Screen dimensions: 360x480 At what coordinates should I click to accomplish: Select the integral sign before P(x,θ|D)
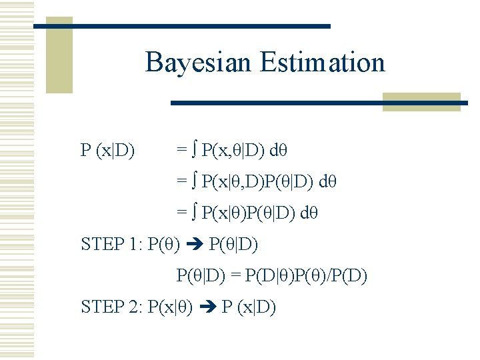193,151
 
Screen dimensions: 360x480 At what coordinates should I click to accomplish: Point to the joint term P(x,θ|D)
233,151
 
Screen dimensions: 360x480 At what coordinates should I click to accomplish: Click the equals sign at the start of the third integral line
181,213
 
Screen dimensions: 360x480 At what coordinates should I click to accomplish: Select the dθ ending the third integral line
309,213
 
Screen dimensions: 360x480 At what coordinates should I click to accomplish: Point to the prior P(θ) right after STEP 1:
163,244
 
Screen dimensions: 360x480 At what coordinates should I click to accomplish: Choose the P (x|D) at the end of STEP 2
249,307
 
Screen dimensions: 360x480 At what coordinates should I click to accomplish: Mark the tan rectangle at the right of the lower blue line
421,101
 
